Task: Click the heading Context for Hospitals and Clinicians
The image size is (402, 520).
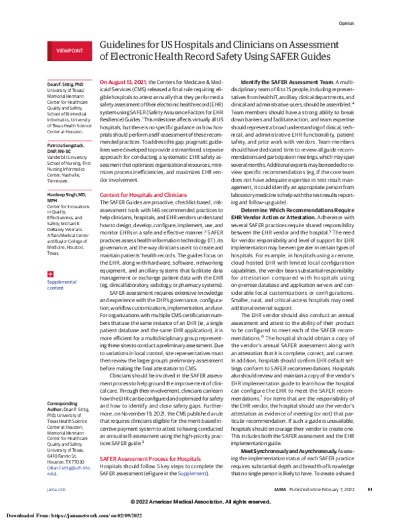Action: [x=141, y=194]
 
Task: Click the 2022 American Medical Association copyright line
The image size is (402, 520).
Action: [x=201, y=502]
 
